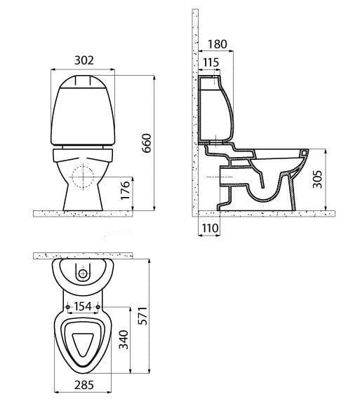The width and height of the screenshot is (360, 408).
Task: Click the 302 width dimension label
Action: [84, 60]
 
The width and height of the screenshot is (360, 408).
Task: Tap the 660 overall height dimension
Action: [147, 143]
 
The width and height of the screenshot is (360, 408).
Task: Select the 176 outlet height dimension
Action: [126, 190]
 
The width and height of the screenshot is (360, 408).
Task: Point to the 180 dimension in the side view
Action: [218, 44]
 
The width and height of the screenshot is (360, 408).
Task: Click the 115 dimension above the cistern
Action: [211, 62]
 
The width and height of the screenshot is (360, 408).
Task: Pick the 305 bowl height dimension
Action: [317, 179]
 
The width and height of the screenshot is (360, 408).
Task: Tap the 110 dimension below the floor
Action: [211, 229]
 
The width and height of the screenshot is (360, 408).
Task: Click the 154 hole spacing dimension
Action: [83, 306]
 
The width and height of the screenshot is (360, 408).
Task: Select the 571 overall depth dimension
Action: [142, 316]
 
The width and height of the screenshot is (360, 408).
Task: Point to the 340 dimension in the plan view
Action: [124, 339]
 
